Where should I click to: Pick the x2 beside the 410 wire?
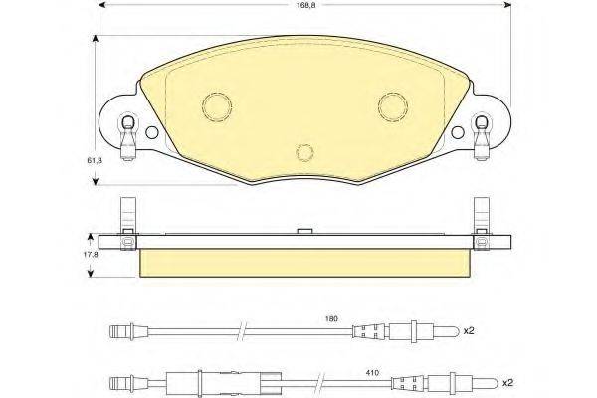507,382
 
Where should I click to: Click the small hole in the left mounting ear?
151,132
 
